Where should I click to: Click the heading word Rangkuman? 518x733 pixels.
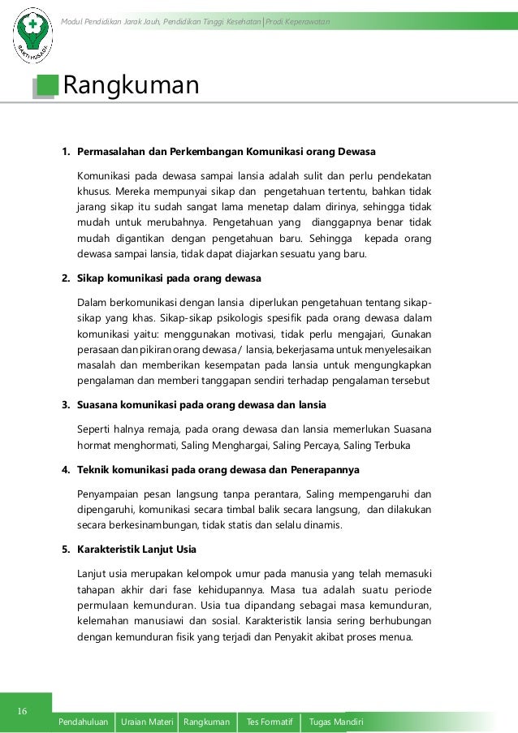(x=131, y=84)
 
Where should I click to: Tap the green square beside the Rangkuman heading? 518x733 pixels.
(x=47, y=85)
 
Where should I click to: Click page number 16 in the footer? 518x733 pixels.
(x=23, y=712)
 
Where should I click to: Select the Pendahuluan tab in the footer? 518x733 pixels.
(x=84, y=722)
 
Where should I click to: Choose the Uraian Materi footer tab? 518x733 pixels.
(x=147, y=722)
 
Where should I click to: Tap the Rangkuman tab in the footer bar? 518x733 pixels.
(x=206, y=722)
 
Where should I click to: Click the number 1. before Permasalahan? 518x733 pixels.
(x=67, y=152)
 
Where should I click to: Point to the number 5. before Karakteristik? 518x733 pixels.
(x=67, y=550)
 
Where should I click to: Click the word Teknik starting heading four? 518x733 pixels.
(x=94, y=469)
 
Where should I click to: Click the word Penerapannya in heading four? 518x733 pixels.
(x=326, y=469)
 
